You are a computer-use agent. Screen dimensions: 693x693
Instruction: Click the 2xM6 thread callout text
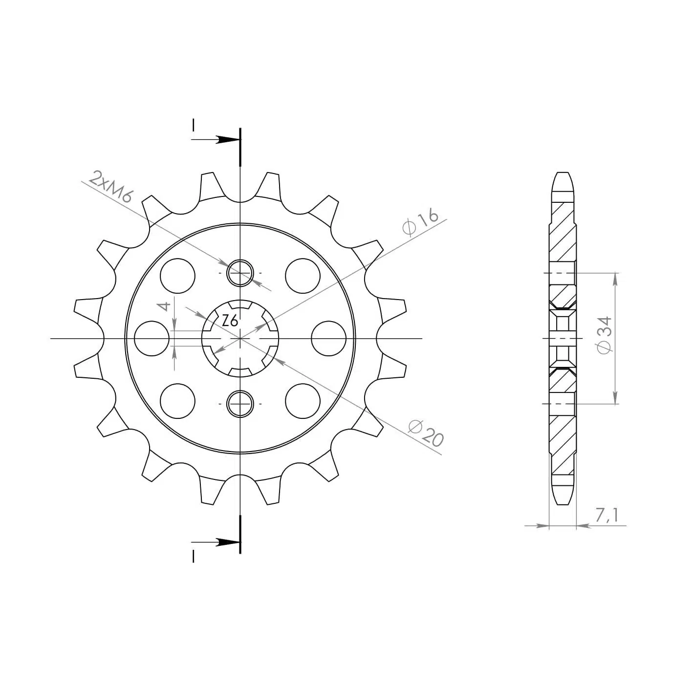pos(111,187)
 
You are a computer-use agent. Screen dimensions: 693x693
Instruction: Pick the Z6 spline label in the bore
pos(230,320)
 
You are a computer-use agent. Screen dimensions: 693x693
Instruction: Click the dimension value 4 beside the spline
pos(165,306)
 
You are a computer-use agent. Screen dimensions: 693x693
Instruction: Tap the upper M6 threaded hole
pos(240,273)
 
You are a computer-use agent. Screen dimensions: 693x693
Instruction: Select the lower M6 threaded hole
pos(240,404)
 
